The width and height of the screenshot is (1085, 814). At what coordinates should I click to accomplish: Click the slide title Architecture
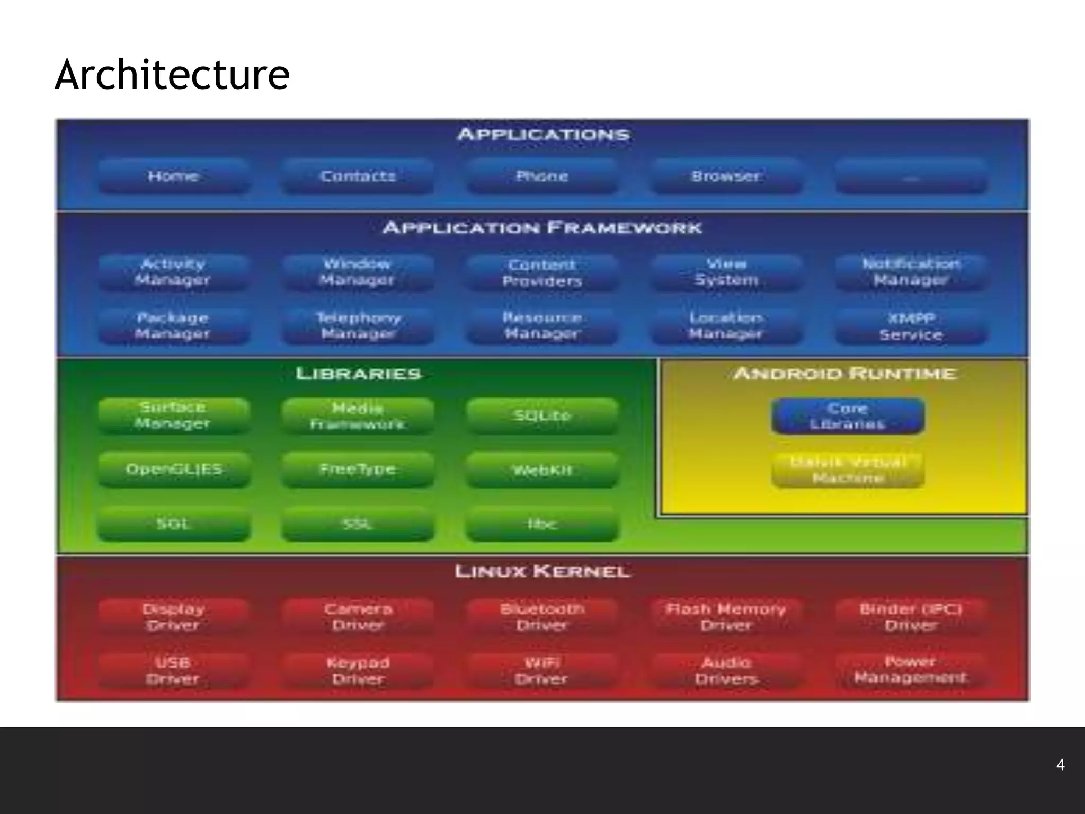[172, 75]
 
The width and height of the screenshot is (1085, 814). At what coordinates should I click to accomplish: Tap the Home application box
[173, 176]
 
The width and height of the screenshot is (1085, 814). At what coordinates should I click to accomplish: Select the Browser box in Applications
[725, 176]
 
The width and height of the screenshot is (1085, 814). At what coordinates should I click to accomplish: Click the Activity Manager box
[173, 272]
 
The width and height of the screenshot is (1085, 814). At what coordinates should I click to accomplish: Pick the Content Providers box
[542, 272]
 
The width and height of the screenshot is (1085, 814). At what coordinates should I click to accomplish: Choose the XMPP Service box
[911, 326]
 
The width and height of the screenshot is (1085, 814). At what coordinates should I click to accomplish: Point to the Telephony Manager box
[358, 326]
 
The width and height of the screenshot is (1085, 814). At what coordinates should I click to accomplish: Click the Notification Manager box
[911, 272]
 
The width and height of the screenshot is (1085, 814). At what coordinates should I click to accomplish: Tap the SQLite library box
[542, 416]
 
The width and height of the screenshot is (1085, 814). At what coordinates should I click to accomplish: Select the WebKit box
[542, 470]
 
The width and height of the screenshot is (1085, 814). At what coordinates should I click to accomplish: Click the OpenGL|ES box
[174, 470]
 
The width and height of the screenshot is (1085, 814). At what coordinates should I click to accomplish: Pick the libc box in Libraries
[542, 524]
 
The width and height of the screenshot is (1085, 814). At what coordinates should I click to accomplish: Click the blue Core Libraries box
[848, 416]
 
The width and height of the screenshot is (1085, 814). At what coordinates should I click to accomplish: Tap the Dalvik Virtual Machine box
[848, 470]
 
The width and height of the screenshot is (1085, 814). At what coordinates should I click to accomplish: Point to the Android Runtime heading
[845, 374]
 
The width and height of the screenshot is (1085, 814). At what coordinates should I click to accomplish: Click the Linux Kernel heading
[542, 571]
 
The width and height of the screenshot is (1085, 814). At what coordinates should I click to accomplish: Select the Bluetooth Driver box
[542, 617]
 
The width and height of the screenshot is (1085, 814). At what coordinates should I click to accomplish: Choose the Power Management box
[911, 670]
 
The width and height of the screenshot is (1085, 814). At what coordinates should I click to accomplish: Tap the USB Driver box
[173, 671]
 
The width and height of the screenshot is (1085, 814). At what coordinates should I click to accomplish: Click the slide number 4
[1060, 765]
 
